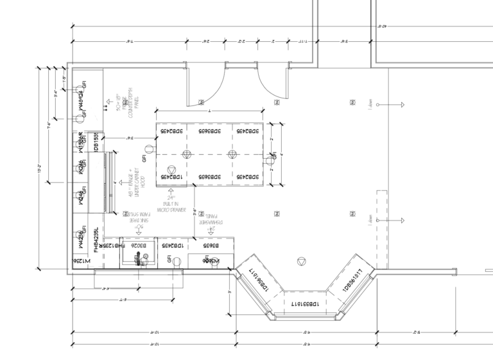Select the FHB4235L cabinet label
tap(97, 239)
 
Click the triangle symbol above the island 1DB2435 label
tap(187, 154)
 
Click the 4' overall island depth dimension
tap(280, 154)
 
